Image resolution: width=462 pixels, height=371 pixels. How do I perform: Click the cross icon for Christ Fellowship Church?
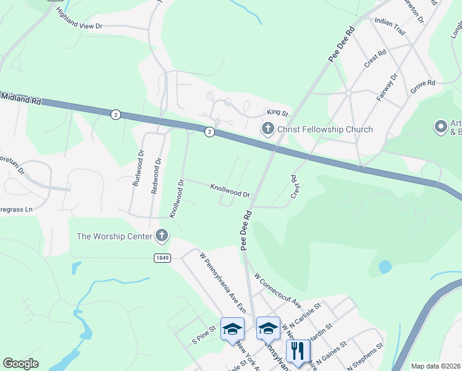click(267, 129)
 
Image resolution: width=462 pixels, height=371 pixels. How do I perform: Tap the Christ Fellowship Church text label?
click(325, 129)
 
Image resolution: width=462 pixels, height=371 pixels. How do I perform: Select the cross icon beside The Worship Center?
click(162, 235)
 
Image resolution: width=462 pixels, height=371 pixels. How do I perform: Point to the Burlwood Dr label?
click(138, 170)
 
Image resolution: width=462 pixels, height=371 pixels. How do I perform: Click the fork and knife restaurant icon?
click(298, 351)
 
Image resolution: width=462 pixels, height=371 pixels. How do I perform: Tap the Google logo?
click(20, 363)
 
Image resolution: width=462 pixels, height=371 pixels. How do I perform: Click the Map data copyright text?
click(436, 366)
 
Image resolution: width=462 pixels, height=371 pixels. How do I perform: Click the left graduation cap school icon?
click(232, 329)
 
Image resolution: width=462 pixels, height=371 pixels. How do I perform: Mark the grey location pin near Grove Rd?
click(441, 127)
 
